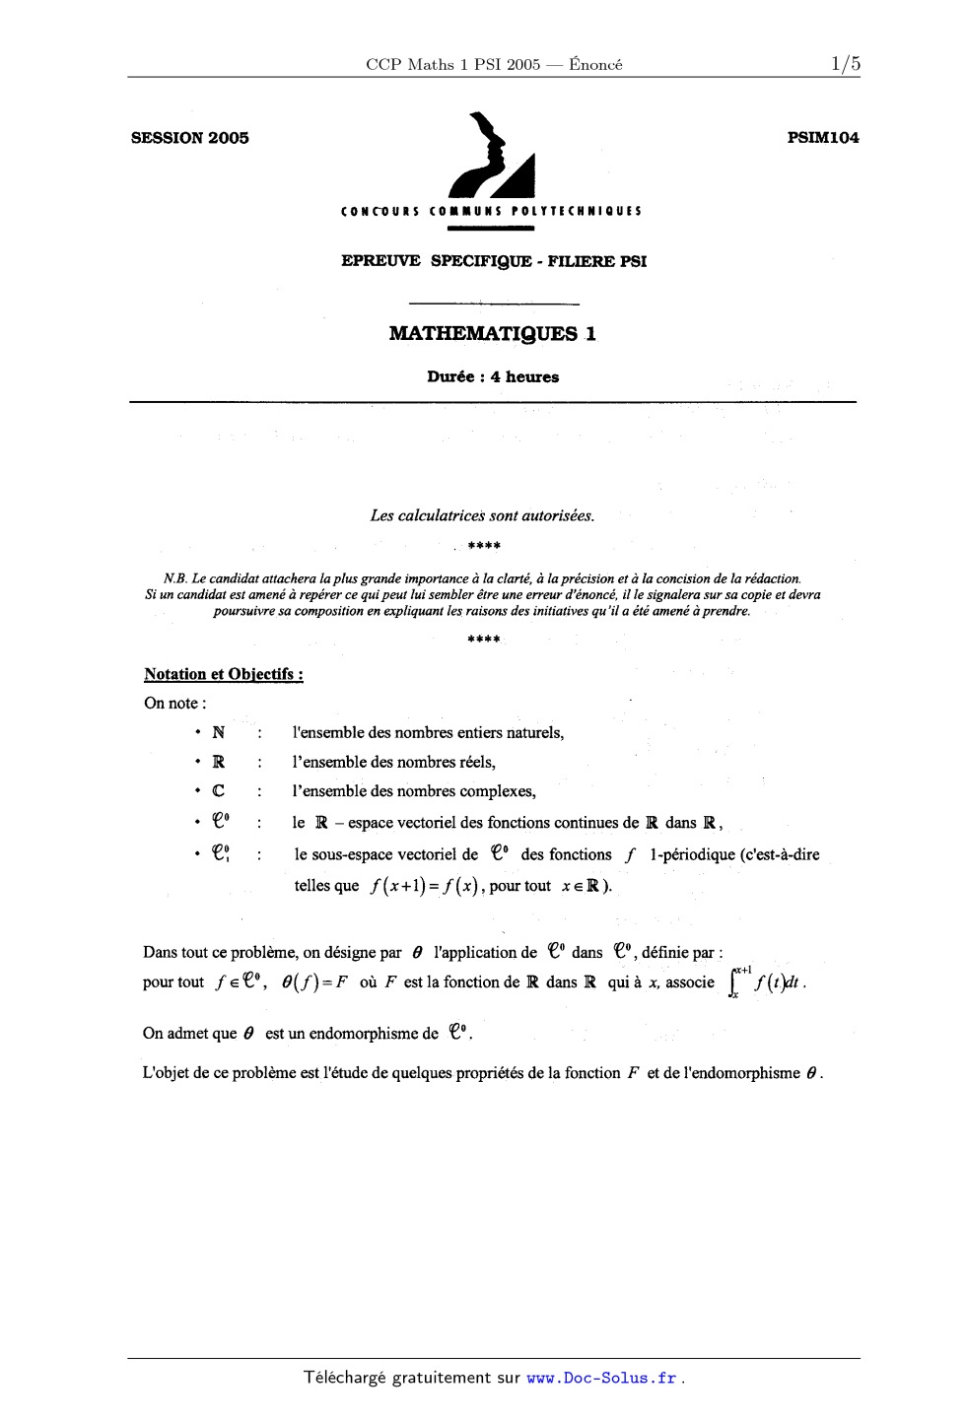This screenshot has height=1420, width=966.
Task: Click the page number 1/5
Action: pyautogui.click(x=845, y=65)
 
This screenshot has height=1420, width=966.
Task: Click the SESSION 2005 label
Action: pyautogui.click(x=189, y=138)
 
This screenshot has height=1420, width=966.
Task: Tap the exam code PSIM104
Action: pyautogui.click(x=823, y=138)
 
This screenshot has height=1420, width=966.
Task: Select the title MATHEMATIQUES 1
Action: pyautogui.click(x=492, y=334)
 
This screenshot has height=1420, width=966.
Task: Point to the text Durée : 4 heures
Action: pyautogui.click(x=492, y=377)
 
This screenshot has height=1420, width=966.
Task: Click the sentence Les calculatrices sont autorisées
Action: pyautogui.click(x=482, y=515)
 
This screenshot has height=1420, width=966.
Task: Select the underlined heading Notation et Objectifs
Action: pyautogui.click(x=223, y=675)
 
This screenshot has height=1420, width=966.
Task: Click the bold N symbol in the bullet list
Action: pyautogui.click(x=218, y=733)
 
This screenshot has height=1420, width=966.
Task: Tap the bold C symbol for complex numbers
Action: pyautogui.click(x=218, y=791)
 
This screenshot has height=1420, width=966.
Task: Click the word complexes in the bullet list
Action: pyautogui.click(x=498, y=791)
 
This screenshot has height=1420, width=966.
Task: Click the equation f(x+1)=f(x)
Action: pyautogui.click(x=424, y=886)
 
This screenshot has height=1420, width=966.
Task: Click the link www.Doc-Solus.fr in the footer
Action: pyautogui.click(x=602, y=1379)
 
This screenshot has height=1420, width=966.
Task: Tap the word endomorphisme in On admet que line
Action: pyautogui.click(x=374, y=1034)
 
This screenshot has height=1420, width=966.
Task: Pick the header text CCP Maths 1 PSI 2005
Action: pyautogui.click(x=452, y=65)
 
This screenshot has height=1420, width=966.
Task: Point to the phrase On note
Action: pyautogui.click(x=173, y=704)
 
